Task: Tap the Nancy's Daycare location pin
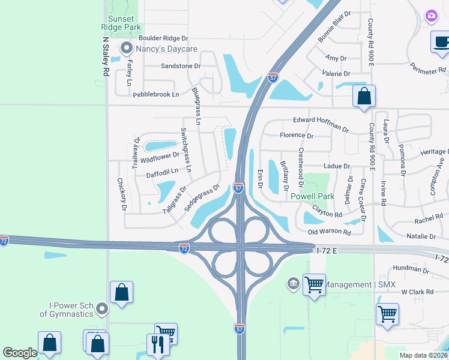(x=126, y=47)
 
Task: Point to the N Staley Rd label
(x=106, y=56)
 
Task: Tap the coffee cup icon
(x=441, y=42)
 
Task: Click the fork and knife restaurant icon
(x=157, y=344)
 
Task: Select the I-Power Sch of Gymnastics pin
(x=101, y=309)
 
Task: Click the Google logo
(x=19, y=353)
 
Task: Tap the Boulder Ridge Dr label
(x=163, y=38)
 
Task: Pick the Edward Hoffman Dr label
(x=321, y=124)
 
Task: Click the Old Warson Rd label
(x=329, y=231)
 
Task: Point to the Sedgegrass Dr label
(x=202, y=199)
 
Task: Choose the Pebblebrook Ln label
(x=156, y=94)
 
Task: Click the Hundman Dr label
(x=411, y=269)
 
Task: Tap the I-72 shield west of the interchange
(x=184, y=247)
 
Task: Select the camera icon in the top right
(x=431, y=16)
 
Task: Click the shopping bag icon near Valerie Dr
(x=364, y=96)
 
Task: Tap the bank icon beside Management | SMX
(x=294, y=283)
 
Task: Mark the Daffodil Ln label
(x=162, y=173)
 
